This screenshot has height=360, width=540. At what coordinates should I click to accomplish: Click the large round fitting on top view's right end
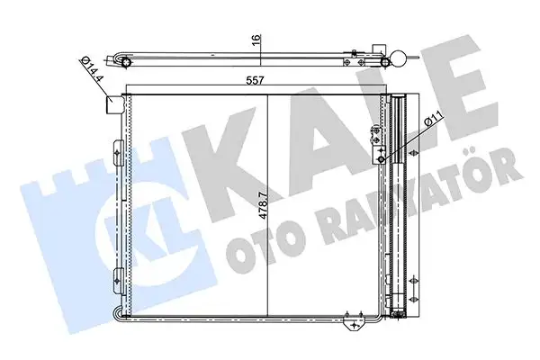(x=394, y=60)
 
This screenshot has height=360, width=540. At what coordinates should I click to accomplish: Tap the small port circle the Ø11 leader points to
(x=382, y=158)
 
